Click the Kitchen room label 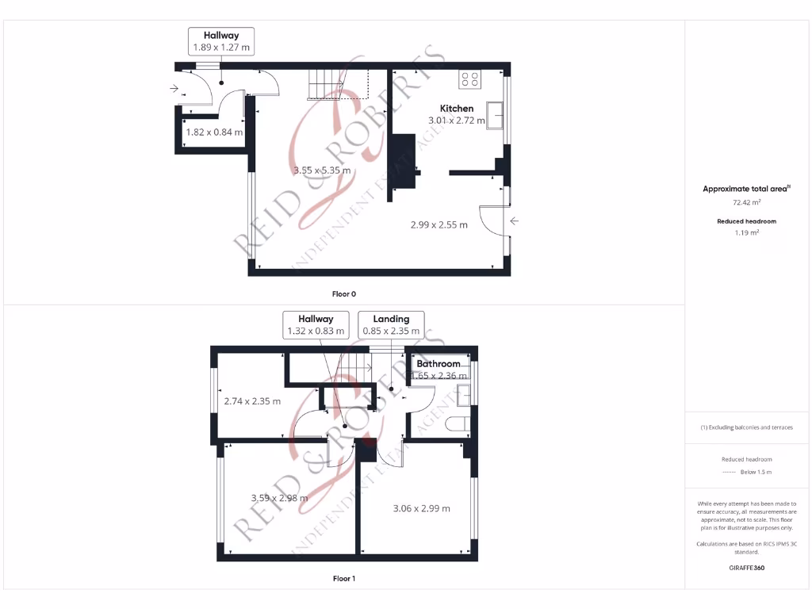tap(457, 109)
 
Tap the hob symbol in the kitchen tap(469, 79)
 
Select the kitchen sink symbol tap(496, 115)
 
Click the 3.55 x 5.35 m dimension tap(322, 170)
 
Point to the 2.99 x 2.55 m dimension tap(439, 224)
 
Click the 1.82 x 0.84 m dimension tap(214, 132)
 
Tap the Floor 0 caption tap(343, 294)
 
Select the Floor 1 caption tap(343, 579)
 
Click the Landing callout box tap(391, 325)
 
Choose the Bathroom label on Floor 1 tap(439, 364)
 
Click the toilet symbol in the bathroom tap(458, 424)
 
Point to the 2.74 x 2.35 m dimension tap(252, 401)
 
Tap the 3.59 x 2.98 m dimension tap(279, 498)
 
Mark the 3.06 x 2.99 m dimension tap(421, 508)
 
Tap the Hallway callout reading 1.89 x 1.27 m tap(221, 41)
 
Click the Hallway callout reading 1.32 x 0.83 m tap(316, 325)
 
